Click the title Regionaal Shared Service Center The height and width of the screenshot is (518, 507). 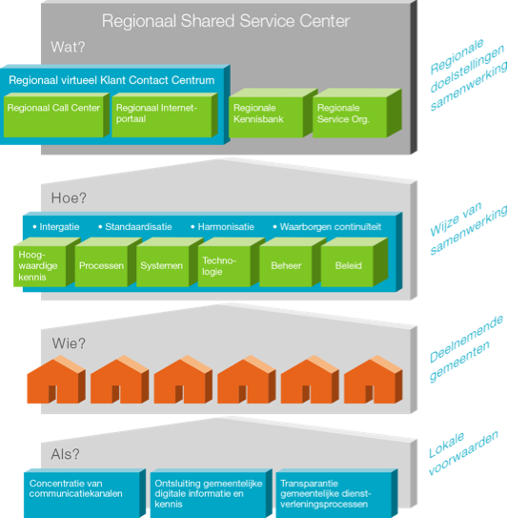tap(226, 21)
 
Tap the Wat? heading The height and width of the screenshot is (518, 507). tap(68, 47)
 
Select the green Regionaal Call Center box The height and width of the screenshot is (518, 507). tap(56, 115)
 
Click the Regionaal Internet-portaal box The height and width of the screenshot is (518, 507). tap(164, 115)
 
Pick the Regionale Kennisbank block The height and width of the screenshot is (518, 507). tap(273, 113)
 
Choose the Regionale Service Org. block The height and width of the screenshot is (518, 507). tap(357, 113)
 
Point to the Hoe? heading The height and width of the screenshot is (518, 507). tap(69, 197)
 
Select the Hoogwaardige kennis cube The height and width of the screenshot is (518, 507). tap(46, 262)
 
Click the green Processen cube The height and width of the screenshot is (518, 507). tap(108, 262)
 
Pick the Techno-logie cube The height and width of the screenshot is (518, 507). tap(231, 262)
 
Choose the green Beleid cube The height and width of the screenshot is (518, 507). tap(354, 262)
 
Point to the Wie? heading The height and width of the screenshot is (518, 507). tap(69, 343)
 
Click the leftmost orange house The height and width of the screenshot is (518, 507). tap(56, 380)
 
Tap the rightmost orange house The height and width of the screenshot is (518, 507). tap(373, 380)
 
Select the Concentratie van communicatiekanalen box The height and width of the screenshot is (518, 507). tap(85, 493)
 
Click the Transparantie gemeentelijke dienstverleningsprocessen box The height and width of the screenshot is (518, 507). tap(336, 493)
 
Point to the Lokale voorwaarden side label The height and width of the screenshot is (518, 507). tap(463, 453)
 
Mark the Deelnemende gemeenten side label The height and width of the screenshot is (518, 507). tap(465, 349)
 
